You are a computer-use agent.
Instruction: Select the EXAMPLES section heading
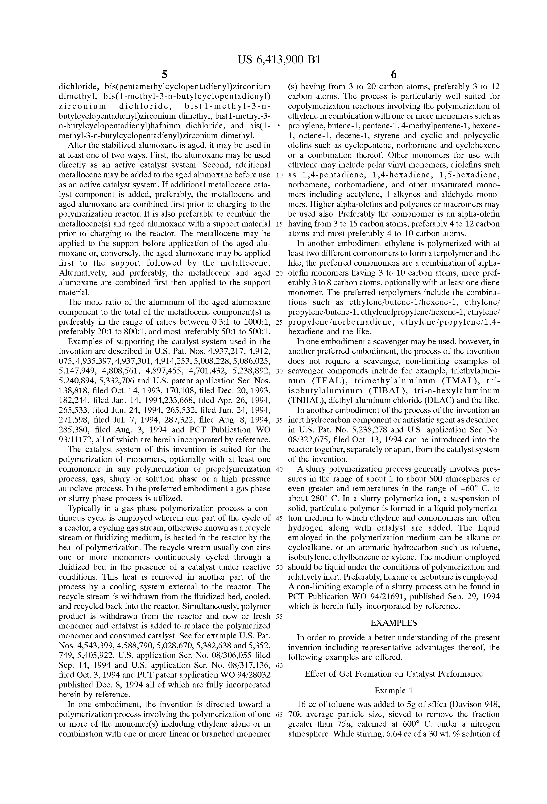[394, 623]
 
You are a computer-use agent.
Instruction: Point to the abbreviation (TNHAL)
[305, 401]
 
